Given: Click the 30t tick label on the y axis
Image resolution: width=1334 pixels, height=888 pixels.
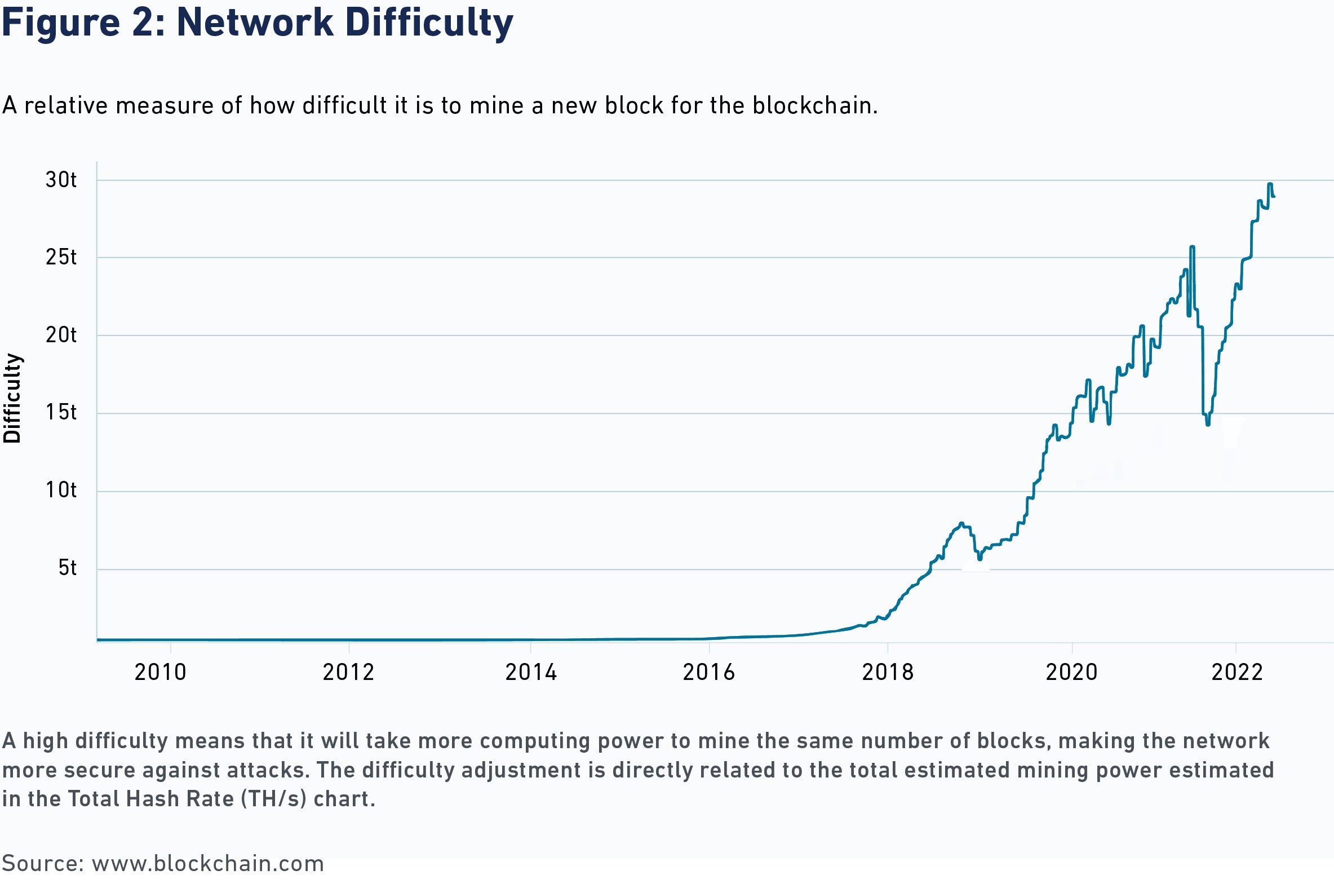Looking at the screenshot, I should [x=61, y=180].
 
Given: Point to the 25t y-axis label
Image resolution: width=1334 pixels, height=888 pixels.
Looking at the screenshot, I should [x=61, y=258].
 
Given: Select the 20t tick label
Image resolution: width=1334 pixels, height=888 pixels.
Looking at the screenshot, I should [x=61, y=335].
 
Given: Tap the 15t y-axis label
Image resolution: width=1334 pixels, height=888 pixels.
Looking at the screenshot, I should [x=61, y=413].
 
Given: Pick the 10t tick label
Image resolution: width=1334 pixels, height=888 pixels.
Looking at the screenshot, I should [x=61, y=491].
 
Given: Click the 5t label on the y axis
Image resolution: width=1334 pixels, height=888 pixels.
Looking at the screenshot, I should [x=68, y=568].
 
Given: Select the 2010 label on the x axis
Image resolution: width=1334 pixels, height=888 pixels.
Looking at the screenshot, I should [x=160, y=673].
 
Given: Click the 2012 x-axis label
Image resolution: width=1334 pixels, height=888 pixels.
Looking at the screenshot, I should [x=349, y=673].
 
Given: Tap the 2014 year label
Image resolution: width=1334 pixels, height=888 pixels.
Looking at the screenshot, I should [x=531, y=673].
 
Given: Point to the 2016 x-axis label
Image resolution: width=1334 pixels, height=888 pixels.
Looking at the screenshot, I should [x=708, y=673].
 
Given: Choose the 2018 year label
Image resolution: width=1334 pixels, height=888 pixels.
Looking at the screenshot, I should [x=888, y=673].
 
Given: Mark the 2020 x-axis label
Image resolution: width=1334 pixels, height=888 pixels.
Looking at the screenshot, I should [x=1071, y=673].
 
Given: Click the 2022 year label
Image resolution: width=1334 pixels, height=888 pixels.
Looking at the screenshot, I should [x=1237, y=673].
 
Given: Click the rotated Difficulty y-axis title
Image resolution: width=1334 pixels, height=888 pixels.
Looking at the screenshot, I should [x=12, y=398].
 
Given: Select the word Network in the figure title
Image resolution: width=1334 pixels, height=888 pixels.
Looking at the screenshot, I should [x=255, y=23].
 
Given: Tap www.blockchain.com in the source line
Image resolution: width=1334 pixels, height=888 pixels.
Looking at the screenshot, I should [x=208, y=864].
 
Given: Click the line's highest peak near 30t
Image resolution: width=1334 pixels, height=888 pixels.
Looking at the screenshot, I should [x=1270, y=184].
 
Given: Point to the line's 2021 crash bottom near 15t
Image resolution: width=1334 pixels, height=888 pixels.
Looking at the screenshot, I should [x=1208, y=423].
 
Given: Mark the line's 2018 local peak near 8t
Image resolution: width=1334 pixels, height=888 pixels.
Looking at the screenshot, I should [x=961, y=523].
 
